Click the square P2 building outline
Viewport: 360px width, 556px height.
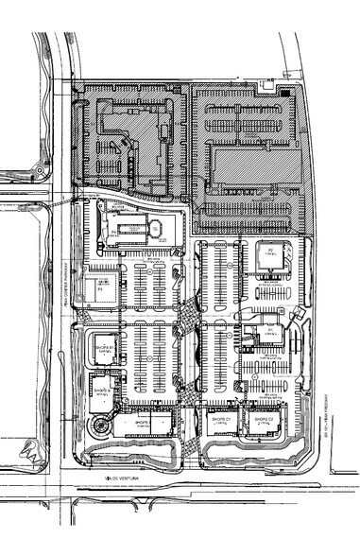point(268,258)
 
